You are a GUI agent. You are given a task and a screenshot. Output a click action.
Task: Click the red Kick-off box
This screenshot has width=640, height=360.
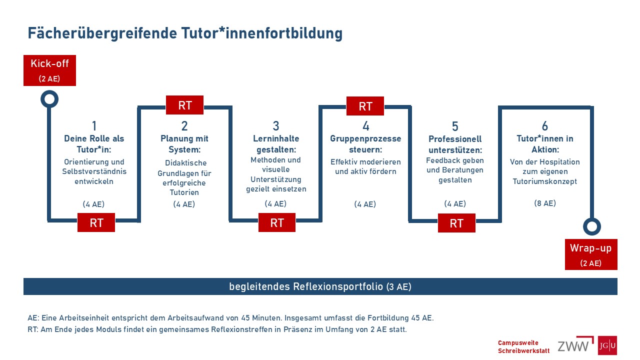pyautogui.click(x=49, y=70)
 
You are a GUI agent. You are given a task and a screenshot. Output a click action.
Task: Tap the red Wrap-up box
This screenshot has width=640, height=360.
pyautogui.click(x=591, y=254)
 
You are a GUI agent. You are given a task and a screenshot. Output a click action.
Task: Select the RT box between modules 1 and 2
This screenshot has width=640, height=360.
pyautogui.click(x=96, y=222)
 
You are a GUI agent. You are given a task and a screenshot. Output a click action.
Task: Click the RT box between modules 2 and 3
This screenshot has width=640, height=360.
pyautogui.click(x=185, y=105)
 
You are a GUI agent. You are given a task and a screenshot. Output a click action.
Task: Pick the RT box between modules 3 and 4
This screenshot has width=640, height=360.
pyautogui.click(x=277, y=222)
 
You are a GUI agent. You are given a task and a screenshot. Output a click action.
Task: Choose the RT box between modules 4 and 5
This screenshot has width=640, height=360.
pyautogui.click(x=365, y=106)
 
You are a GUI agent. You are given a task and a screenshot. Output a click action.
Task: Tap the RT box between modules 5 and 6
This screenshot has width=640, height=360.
pyautogui.click(x=456, y=223)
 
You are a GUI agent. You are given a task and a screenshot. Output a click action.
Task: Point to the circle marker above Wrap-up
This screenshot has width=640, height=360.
pyautogui.click(x=591, y=218)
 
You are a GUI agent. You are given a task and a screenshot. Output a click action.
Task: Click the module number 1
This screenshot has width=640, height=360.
pyautogui.click(x=94, y=126)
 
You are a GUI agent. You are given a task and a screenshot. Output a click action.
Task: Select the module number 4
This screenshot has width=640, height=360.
pyautogui.click(x=365, y=126)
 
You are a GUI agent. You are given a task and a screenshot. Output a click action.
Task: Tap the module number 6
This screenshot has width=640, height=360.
pyautogui.click(x=545, y=126)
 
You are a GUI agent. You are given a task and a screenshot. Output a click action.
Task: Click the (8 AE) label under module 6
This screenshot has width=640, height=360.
pyautogui.click(x=545, y=203)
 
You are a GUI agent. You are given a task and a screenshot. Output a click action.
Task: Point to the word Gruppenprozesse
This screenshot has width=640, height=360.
pyautogui.click(x=365, y=139)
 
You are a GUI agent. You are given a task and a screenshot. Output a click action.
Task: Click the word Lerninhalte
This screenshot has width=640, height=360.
pyautogui.click(x=276, y=138)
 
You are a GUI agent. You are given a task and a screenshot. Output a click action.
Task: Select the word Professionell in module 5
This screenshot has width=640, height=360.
pyautogui.click(x=455, y=139)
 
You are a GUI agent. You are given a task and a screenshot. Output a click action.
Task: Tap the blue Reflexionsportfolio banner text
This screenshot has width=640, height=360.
pyautogui.click(x=320, y=286)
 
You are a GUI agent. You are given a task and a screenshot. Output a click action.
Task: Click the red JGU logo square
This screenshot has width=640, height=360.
pyautogui.click(x=607, y=345)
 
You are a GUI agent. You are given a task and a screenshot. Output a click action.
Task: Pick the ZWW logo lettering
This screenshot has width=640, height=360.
pyautogui.click(x=573, y=346)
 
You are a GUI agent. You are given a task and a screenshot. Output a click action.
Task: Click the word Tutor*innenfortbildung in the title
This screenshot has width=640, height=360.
pyautogui.click(x=261, y=33)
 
